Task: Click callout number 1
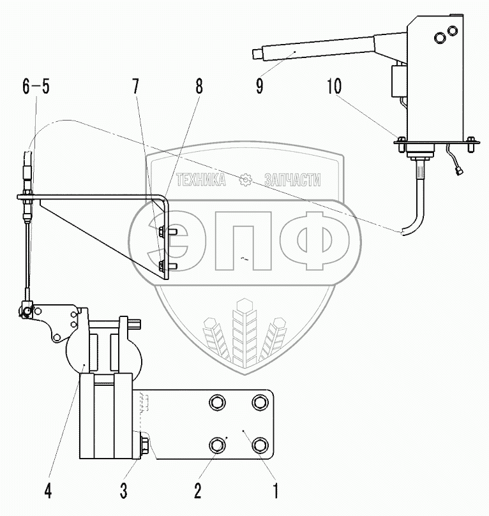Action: coord(276,491)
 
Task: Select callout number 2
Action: coord(197,491)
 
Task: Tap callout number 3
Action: coord(123,491)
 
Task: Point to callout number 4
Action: coord(48,491)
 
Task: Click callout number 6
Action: coord(26,86)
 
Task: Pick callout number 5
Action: coord(45,86)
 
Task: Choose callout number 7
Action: coord(136,86)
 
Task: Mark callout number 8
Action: coord(199,86)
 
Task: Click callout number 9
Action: coord(260,86)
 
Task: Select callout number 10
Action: coord(335,86)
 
